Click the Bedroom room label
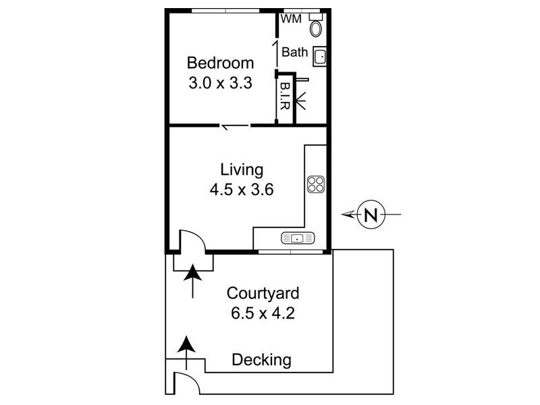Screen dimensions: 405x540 (x=221, y=63)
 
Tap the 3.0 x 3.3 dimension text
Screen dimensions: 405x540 (x=221, y=85)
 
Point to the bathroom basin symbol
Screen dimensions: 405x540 (x=320, y=56)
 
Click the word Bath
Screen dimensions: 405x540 (x=294, y=52)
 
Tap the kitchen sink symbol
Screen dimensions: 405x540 (x=298, y=238)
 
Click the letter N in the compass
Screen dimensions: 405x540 (x=369, y=215)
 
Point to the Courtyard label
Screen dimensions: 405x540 (x=263, y=294)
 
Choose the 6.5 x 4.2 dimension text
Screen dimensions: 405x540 (x=263, y=314)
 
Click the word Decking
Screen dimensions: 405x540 (x=261, y=360)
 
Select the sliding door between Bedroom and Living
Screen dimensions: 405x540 (x=235, y=126)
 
